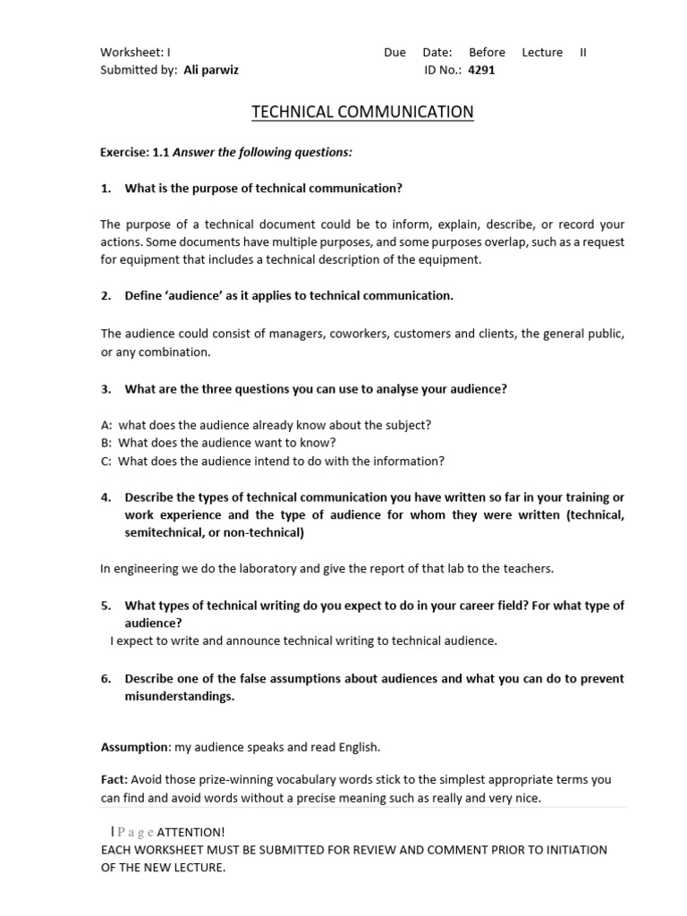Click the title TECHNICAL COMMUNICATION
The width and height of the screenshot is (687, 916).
pyautogui.click(x=362, y=112)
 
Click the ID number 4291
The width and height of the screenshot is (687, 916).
pyautogui.click(x=481, y=70)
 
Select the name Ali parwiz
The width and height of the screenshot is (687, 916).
pyautogui.click(x=211, y=70)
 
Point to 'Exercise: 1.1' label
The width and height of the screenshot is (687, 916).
pyautogui.click(x=134, y=152)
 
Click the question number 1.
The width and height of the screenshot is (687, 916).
pyautogui.click(x=106, y=188)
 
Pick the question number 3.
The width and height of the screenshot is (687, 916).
pyautogui.click(x=106, y=388)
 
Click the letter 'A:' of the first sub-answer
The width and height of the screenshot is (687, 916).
pyautogui.click(x=106, y=425)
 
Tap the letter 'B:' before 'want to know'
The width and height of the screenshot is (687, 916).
pyautogui.click(x=106, y=443)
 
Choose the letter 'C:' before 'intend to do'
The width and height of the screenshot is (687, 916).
pyautogui.click(x=106, y=462)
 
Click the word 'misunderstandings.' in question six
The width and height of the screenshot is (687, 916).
pyautogui.click(x=179, y=696)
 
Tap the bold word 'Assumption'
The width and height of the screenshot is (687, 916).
pyautogui.click(x=134, y=747)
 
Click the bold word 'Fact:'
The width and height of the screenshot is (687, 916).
pyautogui.click(x=114, y=780)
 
